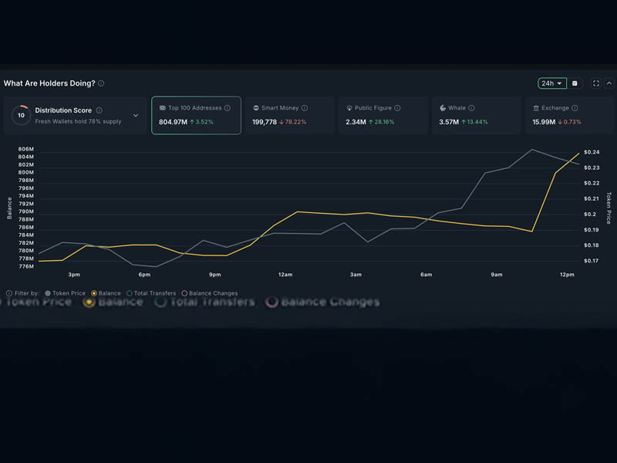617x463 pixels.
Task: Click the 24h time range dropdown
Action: (552, 83)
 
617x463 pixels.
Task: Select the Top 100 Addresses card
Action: (196, 115)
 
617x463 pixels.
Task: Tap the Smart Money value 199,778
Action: (265, 122)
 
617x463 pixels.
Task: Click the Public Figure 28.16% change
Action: (382, 122)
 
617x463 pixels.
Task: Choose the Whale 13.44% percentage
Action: (474, 122)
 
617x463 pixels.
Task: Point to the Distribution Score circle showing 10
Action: (21, 115)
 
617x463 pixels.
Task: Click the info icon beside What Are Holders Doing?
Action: (101, 83)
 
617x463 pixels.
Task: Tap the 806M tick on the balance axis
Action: (25, 149)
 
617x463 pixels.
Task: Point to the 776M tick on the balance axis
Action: (25, 267)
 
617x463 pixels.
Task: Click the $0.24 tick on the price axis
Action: (592, 152)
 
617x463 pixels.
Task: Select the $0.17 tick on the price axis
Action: (592, 261)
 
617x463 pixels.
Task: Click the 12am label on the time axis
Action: (285, 275)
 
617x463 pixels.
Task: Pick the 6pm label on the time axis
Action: (144, 275)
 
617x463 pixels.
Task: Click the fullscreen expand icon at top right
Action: (596, 83)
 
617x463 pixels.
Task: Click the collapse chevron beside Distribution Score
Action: (136, 116)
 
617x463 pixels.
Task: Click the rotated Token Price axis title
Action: (609, 207)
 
